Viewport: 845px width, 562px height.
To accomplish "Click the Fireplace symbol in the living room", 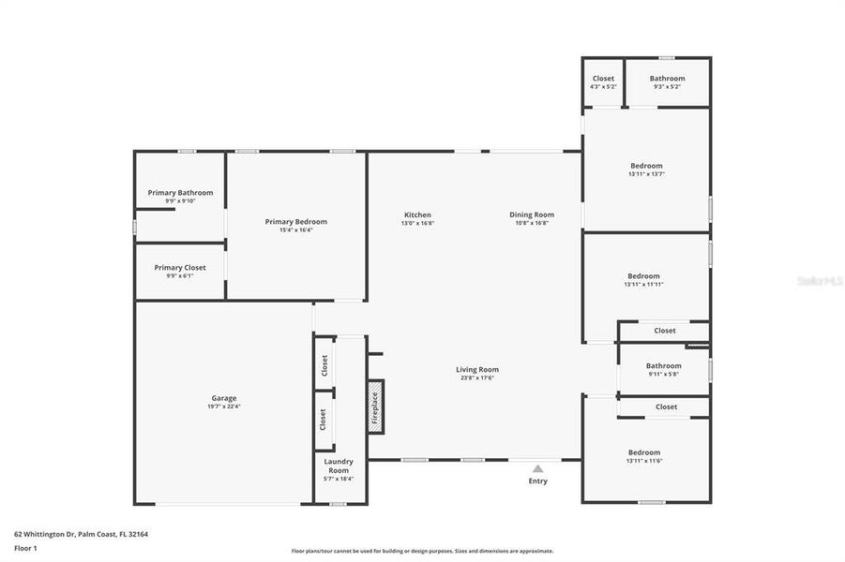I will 375,407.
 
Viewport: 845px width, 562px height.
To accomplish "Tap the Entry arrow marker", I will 537,467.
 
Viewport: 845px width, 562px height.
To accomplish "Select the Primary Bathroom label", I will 180,193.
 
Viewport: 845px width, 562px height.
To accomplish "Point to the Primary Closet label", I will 180,267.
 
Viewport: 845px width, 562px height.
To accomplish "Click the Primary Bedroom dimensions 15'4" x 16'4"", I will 296,229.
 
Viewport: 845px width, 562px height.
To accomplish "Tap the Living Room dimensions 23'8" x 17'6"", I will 477,377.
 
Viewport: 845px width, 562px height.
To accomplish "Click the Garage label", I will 223,398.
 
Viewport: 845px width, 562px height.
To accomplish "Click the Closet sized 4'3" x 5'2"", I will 603,81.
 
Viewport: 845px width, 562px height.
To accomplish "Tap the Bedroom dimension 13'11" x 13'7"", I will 645,173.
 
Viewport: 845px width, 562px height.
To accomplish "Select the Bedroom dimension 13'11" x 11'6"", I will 644,461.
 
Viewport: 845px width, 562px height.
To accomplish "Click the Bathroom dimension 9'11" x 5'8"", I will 663,374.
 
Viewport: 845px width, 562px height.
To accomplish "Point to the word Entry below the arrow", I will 537,481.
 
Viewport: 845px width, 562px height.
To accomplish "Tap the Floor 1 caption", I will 25,548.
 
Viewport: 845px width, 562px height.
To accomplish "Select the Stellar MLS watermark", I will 819,280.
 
